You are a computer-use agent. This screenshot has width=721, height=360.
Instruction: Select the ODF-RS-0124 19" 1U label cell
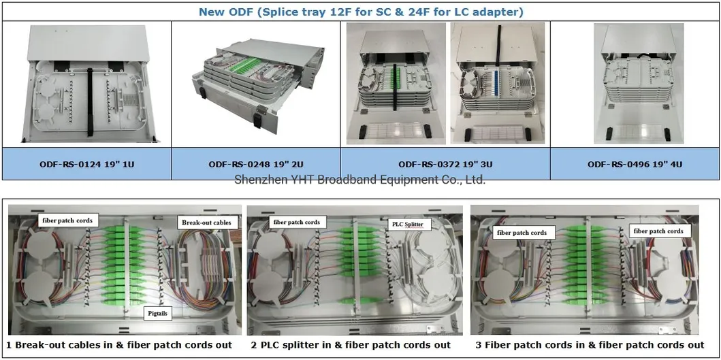coord(86,164)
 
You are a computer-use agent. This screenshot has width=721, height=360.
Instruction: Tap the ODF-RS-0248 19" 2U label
coord(255,164)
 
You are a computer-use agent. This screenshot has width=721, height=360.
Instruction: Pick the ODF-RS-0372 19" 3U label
coord(445,164)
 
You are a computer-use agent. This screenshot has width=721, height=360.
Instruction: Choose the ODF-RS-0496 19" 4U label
coord(634,164)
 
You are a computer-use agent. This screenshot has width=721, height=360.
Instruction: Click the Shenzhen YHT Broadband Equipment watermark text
coord(359,180)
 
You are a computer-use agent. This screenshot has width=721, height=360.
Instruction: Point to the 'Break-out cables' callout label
coord(206,222)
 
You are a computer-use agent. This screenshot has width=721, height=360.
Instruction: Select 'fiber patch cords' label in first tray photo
coord(66,220)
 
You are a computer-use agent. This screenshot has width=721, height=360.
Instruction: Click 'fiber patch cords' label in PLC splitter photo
coord(296,222)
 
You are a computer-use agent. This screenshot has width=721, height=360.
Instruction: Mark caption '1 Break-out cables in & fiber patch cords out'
coord(119,345)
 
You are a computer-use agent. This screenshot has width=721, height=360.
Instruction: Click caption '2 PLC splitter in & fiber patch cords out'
coord(351,345)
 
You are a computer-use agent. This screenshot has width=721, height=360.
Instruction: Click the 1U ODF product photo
coord(86,84)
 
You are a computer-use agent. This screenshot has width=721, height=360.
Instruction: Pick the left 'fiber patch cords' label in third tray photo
coord(522,233)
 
